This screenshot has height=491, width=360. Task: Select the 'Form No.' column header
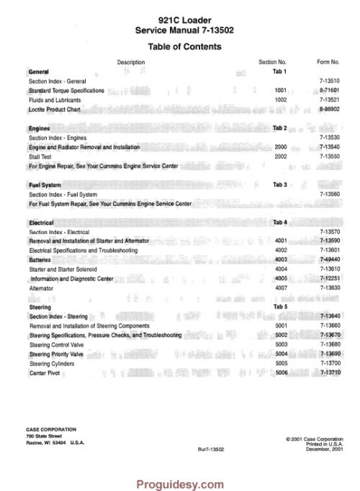tap(328, 62)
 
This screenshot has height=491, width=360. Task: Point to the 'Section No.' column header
tap(272, 62)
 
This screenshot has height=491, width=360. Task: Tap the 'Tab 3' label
tap(280, 185)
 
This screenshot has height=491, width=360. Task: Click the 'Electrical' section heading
tap(41, 222)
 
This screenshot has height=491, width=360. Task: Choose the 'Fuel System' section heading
tap(45, 185)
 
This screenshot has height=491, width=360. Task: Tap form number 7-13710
tap(328, 372)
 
